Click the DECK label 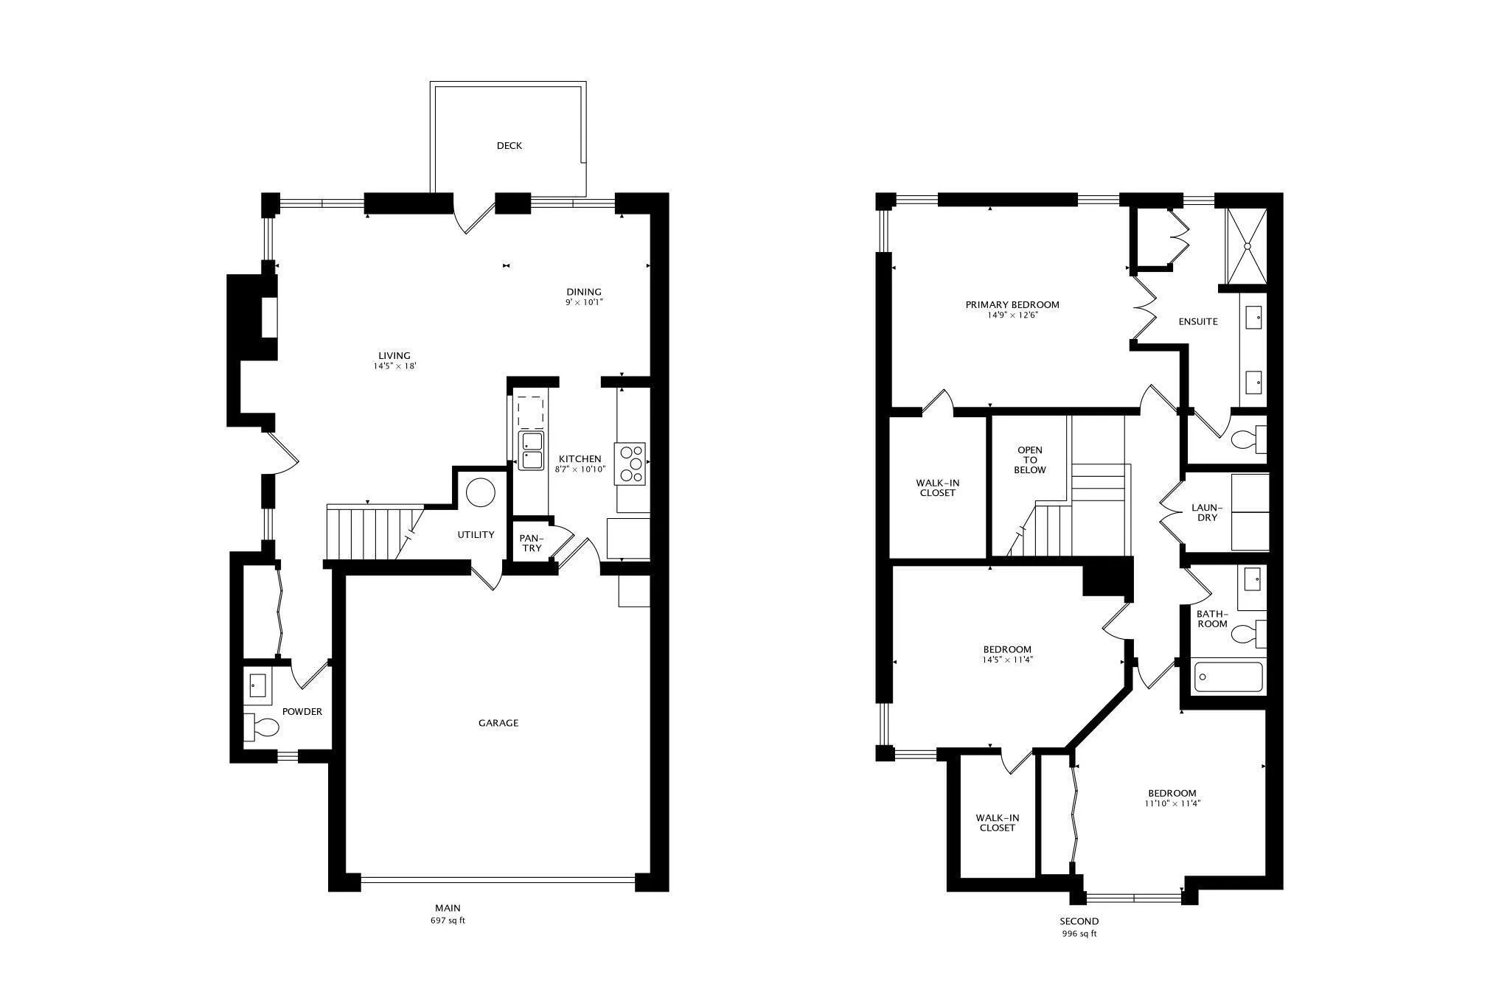coord(509,146)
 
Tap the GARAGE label coord(498,723)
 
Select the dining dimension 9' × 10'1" coord(584,302)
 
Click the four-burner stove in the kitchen coord(630,464)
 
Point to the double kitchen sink coord(531,451)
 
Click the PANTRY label coord(531,543)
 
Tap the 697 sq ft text coord(448,921)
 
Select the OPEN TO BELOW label coord(1029,460)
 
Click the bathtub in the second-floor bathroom coord(1228,677)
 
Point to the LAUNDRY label coord(1207,513)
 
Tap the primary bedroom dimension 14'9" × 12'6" coord(1012,315)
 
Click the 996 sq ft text coord(1079,934)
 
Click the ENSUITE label coord(1197,322)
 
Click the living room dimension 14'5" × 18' coord(394,366)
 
